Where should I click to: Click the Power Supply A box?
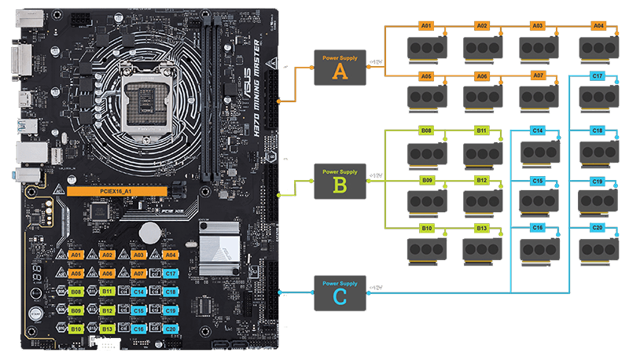[x=340, y=68]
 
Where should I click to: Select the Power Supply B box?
[x=340, y=181]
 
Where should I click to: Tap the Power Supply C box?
[x=340, y=292]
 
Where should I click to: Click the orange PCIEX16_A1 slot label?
[x=117, y=190]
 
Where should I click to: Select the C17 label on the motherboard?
[x=171, y=274]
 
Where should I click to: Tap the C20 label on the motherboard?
[x=171, y=329]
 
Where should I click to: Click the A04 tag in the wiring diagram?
[x=598, y=26]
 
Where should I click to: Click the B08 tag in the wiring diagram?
[x=426, y=130]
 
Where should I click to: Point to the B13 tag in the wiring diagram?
[x=482, y=229]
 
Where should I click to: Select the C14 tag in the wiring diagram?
[x=539, y=130]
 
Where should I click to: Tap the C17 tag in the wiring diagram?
[x=598, y=76]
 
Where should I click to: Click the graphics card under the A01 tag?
[x=427, y=49]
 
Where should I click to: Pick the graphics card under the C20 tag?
[x=598, y=250]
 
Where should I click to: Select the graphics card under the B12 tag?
[x=482, y=202]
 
